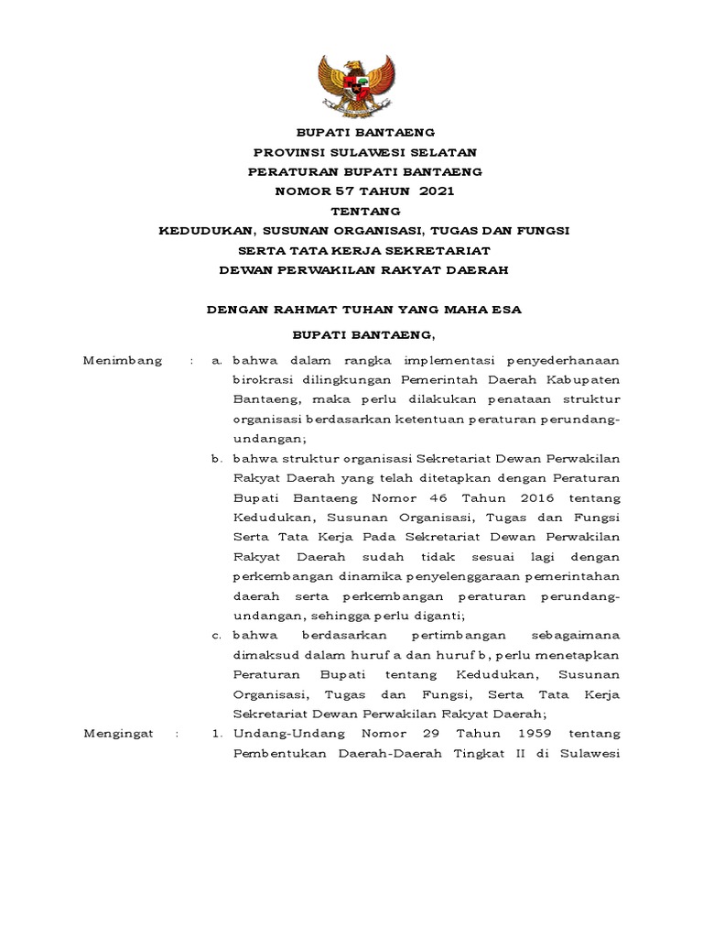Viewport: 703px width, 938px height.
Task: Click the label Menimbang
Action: [123, 361]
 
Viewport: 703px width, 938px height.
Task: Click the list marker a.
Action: [216, 361]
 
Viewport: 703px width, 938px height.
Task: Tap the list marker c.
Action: [216, 635]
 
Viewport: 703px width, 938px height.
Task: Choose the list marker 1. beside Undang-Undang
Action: [217, 734]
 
